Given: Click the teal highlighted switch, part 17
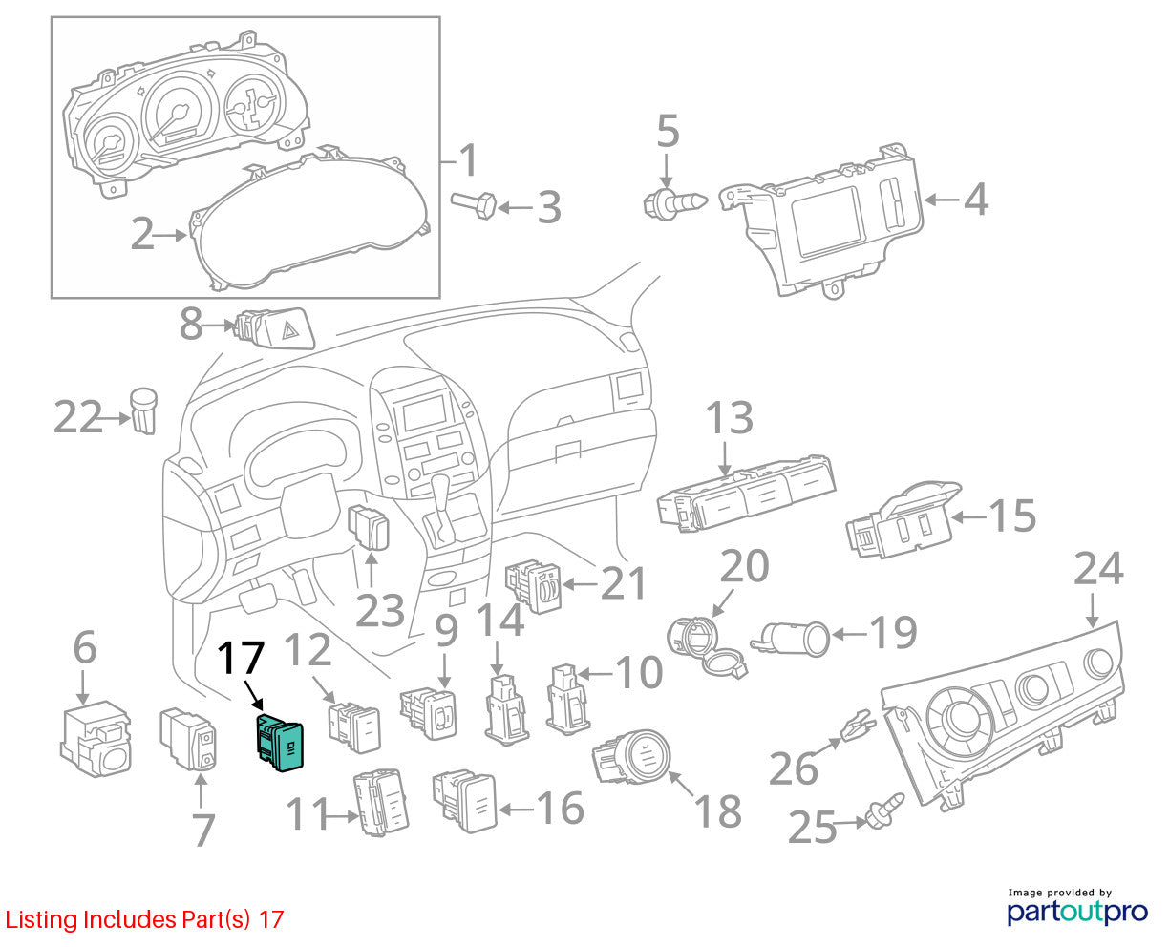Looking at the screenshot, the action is (279, 742).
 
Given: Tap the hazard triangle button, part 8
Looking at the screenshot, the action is (276, 327).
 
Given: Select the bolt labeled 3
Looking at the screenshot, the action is (474, 205).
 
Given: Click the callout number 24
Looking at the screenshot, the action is (1098, 569).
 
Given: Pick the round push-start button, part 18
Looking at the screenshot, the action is (632, 757).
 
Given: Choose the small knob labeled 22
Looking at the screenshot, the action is (144, 410).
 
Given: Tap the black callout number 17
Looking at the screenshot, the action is (241, 658).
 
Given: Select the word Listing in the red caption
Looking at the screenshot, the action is (42, 919).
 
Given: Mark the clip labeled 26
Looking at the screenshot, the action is (858, 726).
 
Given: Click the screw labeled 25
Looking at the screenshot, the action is (884, 810).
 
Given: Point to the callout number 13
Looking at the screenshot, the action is (730, 418).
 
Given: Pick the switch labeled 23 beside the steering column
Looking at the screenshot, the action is (369, 527).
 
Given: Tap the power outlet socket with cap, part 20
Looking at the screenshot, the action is (704, 645).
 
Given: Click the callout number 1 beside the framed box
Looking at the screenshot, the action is (468, 160).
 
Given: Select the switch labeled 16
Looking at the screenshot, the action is (465, 801).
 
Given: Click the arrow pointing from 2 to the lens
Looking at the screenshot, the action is (170, 236).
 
